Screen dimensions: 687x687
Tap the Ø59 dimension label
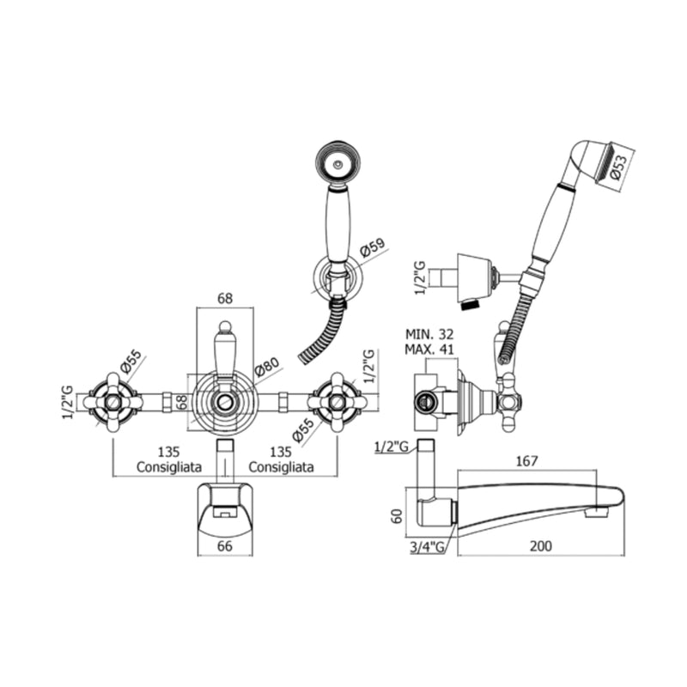pyautogui.click(x=372, y=247)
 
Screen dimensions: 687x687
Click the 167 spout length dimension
pyautogui.click(x=526, y=461)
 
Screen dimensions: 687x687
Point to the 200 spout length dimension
pyautogui.click(x=541, y=546)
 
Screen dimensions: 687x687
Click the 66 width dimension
pyautogui.click(x=225, y=546)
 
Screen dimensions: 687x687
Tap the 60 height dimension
pyautogui.click(x=398, y=516)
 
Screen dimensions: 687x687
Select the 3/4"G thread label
pyautogui.click(x=427, y=547)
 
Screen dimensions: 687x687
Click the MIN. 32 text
pyautogui.click(x=429, y=334)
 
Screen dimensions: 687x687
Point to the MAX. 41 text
pyautogui.click(x=429, y=350)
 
